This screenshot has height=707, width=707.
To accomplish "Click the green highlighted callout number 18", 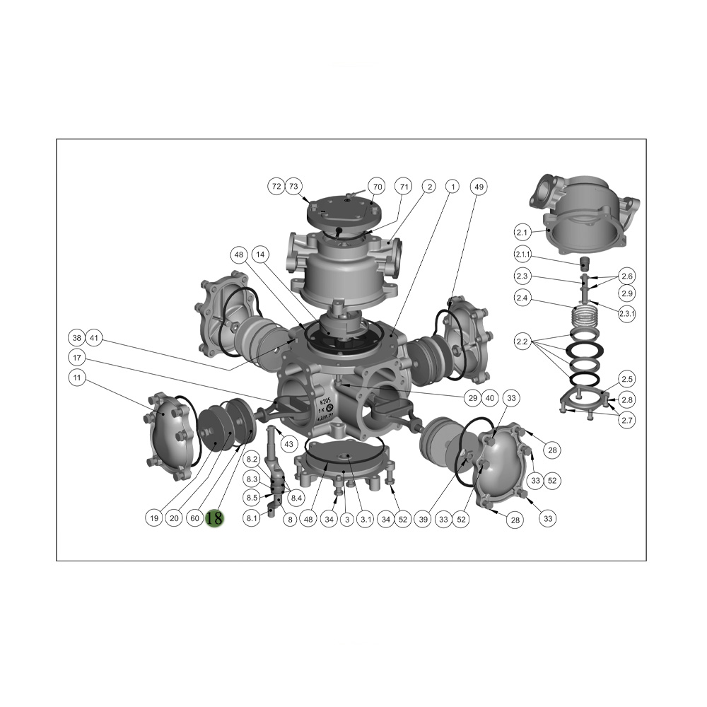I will pos(214,518).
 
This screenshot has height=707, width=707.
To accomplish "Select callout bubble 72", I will pos(276,187).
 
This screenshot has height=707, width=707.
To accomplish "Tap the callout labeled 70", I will pos(378,187).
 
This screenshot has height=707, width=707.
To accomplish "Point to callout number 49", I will pos(479,187).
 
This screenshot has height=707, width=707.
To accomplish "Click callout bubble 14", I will pos(259,254).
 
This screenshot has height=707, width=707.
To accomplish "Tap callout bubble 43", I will pos(288,444).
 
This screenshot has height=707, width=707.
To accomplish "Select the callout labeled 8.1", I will pos(252,518).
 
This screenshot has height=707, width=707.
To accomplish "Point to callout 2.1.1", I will pos(523,255).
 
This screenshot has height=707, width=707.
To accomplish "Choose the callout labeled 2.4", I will pos(522,298).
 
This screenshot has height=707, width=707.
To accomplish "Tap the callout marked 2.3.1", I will pos(626,314).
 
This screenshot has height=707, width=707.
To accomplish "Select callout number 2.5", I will pos(627,378).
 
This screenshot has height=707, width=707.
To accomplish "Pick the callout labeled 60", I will pos(194,518).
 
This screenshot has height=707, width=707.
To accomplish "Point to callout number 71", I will pos(404,187).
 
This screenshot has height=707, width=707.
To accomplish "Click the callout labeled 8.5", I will pos(252,498).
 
